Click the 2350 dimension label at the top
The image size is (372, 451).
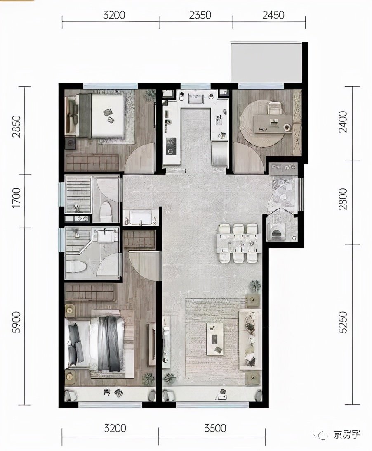coord(200,15)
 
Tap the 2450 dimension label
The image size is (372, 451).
coord(273,15)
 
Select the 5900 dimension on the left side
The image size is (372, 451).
coord(16,322)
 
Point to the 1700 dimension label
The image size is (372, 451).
coord(16,197)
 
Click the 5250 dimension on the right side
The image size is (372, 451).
coord(343,322)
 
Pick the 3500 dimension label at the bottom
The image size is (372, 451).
coord(215,428)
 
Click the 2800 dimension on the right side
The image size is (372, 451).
coord(343,199)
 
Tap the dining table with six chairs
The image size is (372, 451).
coord(239,243)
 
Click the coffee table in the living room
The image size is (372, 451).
coord(215,339)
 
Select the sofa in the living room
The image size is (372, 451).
coord(250,339)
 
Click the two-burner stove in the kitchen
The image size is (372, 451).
coord(171,146)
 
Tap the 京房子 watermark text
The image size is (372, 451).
coord(346,434)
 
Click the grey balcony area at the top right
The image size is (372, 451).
coord(266,62)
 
